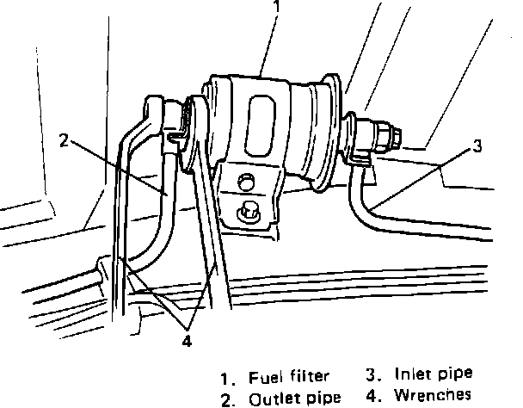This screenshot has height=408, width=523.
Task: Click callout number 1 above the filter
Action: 276,6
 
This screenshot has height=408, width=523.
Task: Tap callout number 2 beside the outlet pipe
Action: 64,140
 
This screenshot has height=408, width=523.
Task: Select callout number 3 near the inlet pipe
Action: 477,146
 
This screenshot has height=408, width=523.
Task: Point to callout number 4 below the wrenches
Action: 188,341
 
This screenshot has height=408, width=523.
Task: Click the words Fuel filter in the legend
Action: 289,377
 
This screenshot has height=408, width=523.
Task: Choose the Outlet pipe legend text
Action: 295,399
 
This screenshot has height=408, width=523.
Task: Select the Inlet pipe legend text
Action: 434,374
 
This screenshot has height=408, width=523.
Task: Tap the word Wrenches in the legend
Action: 433,395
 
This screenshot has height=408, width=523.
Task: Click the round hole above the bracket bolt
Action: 246,182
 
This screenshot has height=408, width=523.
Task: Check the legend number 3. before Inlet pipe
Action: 373,374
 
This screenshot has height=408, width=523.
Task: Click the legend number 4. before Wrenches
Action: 373,395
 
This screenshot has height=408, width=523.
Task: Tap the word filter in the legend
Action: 310,376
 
